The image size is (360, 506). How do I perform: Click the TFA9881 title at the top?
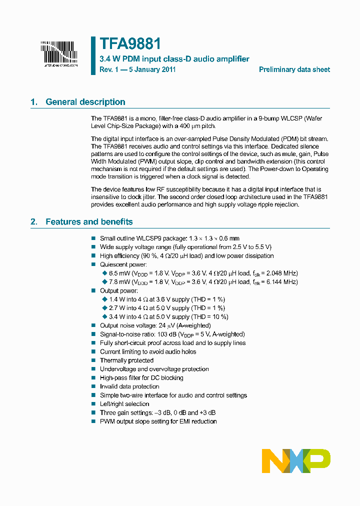(130, 44)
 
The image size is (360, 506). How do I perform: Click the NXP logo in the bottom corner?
(296, 461)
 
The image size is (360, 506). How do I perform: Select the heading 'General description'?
(85, 102)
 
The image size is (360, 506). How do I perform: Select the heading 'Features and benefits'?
(89, 221)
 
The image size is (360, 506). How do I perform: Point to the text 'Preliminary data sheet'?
(294, 70)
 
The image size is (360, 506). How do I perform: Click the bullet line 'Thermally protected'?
(126, 360)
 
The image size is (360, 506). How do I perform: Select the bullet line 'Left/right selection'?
(124, 404)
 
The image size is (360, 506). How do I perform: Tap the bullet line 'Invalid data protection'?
(129, 386)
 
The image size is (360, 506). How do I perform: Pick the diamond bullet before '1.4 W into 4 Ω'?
(104, 299)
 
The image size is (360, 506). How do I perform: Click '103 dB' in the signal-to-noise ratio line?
(161, 334)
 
